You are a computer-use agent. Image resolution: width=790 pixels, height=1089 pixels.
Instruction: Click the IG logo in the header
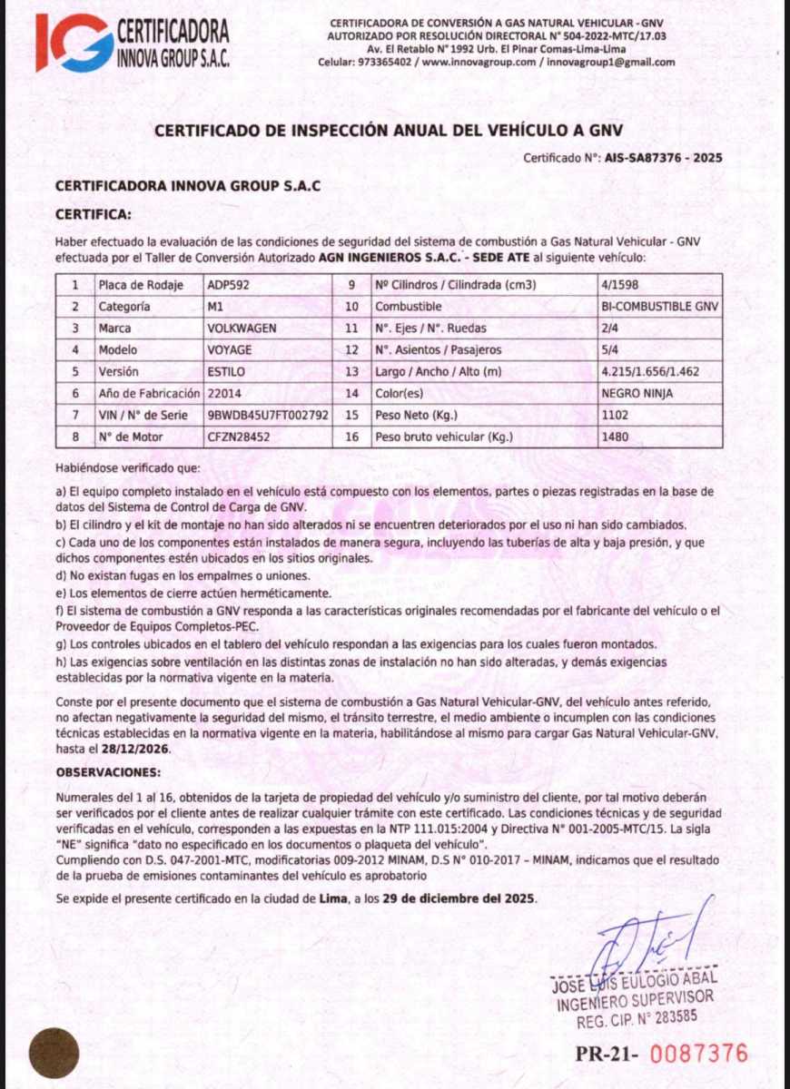pos(74,42)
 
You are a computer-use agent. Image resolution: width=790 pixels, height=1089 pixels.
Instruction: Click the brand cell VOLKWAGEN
pos(242,328)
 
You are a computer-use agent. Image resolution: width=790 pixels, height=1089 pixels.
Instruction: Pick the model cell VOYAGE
pos(230,349)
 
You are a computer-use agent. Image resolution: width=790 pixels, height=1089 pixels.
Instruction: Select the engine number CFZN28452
pos(239,437)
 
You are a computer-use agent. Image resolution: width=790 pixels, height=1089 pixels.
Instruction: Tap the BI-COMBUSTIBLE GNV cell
pos(659,307)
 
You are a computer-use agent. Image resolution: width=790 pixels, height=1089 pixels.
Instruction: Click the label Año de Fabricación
pos(149,393)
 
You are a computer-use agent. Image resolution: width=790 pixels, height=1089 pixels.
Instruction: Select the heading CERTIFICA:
pos(94,215)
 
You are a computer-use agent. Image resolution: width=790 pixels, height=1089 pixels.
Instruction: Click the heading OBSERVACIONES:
pos(108,771)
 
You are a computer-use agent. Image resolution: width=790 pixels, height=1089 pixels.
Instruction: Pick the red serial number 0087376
pos(699,1054)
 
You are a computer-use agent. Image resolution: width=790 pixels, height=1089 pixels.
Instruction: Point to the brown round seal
pos(54,1053)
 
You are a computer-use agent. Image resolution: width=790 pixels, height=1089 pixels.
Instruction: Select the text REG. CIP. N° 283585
pos(637,1017)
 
